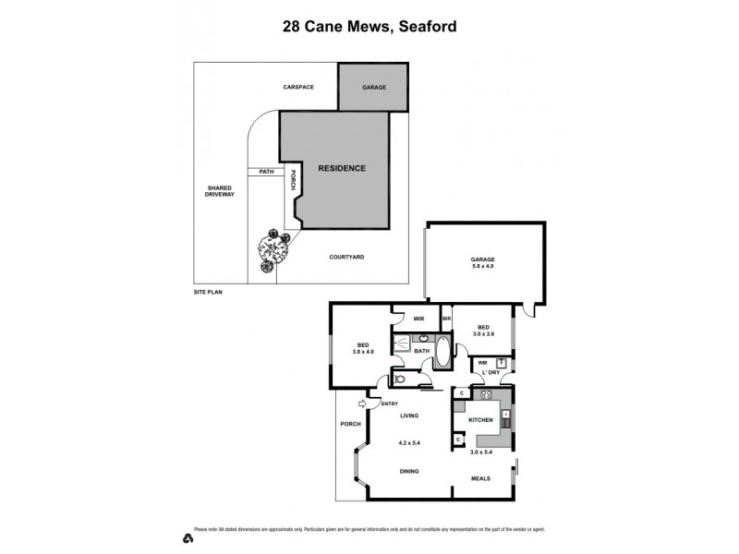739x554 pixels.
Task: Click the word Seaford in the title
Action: pos(425,27)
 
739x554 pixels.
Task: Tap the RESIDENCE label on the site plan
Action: pos(342,168)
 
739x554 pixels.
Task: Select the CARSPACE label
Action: pos(298,87)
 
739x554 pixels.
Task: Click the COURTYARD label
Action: pos(346,257)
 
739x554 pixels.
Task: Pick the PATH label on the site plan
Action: pos(266,171)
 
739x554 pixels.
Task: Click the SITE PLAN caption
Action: pos(208,291)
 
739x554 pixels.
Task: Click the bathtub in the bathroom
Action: pos(442,352)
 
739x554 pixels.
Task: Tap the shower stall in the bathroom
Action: pos(403,344)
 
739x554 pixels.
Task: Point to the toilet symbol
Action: pos(399,379)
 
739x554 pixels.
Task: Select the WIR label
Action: pos(418,319)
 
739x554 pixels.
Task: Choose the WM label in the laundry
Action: pos(482,363)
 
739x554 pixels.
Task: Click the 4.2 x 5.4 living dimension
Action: pos(409,443)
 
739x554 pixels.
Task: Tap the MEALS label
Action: pos(480,478)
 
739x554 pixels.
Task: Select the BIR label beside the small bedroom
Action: pos(446,319)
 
